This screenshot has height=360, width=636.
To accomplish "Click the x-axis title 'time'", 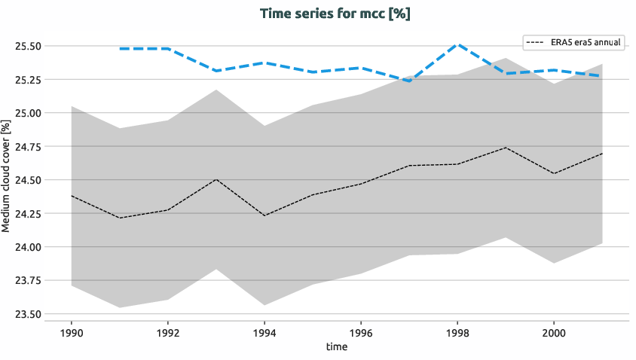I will pos(337,346).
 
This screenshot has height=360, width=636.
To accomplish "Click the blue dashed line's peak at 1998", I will pos(457,44).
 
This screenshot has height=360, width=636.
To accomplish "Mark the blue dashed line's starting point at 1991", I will pos(120,48).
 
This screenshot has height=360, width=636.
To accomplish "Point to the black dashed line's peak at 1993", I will pos(216,179).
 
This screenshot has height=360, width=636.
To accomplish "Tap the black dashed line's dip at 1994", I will pos(264,216).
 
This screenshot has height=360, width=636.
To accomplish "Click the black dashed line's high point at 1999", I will pos(506,148).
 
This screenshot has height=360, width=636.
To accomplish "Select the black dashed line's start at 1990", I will pos(71,196).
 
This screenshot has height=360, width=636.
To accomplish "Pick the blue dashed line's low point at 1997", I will pos(409,81).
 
